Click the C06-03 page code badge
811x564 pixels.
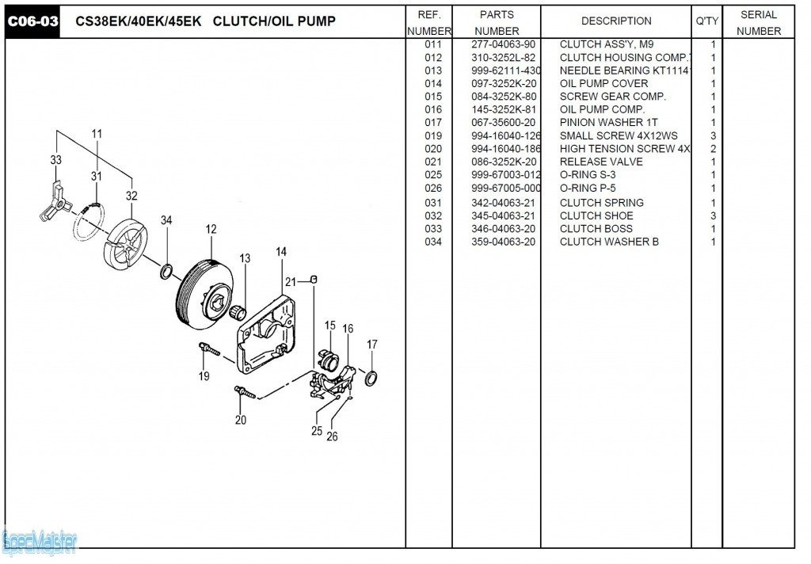(x=33, y=21)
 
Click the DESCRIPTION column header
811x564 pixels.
(x=616, y=21)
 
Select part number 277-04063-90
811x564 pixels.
(x=503, y=44)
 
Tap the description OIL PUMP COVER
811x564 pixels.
(x=603, y=83)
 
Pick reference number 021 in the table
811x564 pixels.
(x=433, y=162)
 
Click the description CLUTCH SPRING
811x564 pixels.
(x=601, y=203)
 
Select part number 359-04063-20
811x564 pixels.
(x=503, y=242)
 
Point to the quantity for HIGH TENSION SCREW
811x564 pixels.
(x=713, y=149)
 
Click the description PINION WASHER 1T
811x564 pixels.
(x=608, y=123)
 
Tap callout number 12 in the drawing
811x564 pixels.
(x=211, y=230)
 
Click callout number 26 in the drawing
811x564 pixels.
(x=332, y=436)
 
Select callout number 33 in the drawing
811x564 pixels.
(x=55, y=160)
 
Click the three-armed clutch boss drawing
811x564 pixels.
(x=52, y=203)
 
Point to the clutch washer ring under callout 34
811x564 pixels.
(x=167, y=272)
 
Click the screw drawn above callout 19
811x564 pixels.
(x=208, y=348)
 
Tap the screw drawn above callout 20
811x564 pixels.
(x=242, y=391)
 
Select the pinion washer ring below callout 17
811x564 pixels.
(x=371, y=377)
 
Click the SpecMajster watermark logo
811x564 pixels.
(x=40, y=543)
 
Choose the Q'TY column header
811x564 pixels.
(x=706, y=21)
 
